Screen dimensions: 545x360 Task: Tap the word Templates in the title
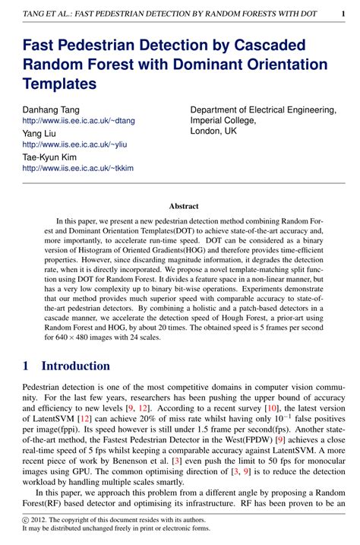[x=60, y=83]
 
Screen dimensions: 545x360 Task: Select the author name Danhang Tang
[x=51, y=110]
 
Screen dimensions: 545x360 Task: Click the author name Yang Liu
[x=39, y=134]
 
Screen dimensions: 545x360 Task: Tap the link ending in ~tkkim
[x=77, y=168]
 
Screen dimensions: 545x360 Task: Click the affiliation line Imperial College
[x=223, y=120]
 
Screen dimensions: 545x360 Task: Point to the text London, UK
[x=214, y=131]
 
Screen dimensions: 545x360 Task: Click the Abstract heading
[x=183, y=206]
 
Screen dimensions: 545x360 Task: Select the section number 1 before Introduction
[x=27, y=366]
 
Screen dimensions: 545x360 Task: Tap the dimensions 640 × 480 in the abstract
[x=70, y=337]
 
